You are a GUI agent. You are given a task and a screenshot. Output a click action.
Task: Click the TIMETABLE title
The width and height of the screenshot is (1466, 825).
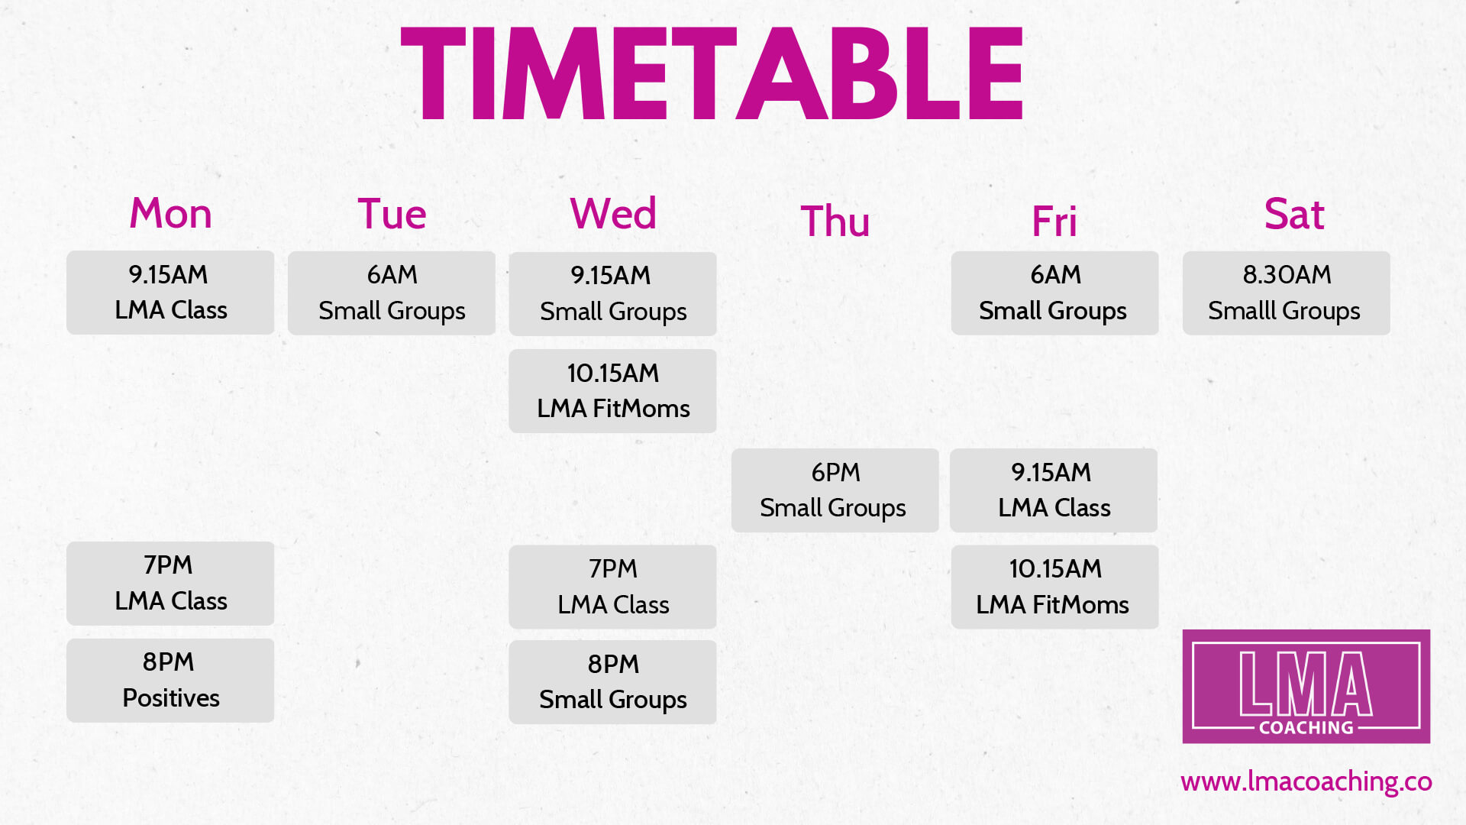(712, 74)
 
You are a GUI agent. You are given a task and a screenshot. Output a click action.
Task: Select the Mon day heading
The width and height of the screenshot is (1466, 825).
(170, 213)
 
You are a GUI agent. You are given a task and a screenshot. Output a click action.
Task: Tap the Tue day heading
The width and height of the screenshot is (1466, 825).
(392, 214)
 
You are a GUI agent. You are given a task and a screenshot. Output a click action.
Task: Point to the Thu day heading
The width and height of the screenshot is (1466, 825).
(835, 222)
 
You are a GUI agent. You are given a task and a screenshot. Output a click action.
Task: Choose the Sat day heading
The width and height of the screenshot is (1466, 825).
(1293, 214)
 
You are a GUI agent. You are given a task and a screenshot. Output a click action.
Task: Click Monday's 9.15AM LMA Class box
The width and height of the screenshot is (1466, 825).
(170, 293)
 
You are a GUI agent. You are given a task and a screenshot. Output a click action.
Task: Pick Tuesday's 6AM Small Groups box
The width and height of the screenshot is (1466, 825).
(392, 293)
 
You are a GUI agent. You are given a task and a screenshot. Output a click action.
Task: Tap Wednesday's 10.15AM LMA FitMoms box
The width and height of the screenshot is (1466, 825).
(612, 391)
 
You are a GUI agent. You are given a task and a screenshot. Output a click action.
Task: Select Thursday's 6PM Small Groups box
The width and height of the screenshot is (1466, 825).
(835, 490)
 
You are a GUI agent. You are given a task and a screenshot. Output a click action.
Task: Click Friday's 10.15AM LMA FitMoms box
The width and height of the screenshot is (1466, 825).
(1054, 587)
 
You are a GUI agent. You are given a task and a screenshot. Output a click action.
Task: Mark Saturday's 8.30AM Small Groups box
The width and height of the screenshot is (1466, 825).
(1286, 293)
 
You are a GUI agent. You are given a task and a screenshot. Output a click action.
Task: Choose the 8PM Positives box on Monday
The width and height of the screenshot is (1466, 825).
(170, 681)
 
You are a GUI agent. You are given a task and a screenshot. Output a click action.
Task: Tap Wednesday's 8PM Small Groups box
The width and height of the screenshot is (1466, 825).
(612, 682)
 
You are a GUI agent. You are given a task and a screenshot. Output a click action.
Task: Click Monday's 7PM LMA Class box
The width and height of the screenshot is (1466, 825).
(170, 584)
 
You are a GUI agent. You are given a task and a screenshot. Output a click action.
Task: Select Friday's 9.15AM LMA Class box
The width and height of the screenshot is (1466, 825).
(1054, 490)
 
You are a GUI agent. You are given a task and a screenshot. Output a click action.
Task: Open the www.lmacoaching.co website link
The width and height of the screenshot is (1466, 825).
(1306, 781)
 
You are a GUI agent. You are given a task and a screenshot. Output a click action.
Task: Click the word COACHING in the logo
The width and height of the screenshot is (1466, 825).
(1306, 728)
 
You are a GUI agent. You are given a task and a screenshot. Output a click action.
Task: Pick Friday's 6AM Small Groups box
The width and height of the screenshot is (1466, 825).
(1054, 293)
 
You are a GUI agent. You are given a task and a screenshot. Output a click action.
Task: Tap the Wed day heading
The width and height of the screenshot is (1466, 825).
(613, 213)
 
